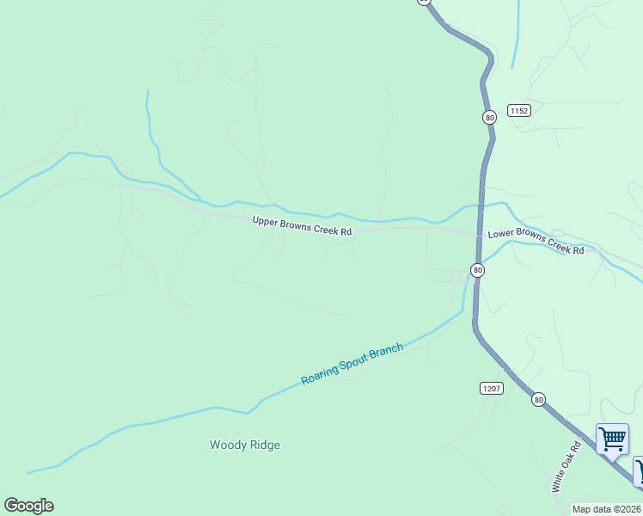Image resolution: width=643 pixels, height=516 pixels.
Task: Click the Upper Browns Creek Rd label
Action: pyautogui.click(x=302, y=227)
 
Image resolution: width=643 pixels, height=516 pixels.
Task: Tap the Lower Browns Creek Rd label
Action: pyautogui.click(x=536, y=242)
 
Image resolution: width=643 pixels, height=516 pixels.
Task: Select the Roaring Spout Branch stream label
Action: pyautogui.click(x=352, y=365)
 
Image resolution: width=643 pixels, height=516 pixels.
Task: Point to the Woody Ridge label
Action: pyautogui.click(x=245, y=445)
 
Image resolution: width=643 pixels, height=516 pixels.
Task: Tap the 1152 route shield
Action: pyautogui.click(x=518, y=110)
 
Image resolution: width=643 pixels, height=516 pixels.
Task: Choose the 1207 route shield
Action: pyautogui.click(x=491, y=389)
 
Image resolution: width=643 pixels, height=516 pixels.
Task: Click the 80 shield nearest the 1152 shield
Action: pyautogui.click(x=488, y=117)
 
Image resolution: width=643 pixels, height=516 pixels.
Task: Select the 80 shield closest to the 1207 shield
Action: pyautogui.click(x=538, y=399)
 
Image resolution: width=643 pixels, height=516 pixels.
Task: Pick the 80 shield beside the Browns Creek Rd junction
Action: pyautogui.click(x=478, y=270)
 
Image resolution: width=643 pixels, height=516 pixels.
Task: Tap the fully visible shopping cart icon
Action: pyautogui.click(x=612, y=439)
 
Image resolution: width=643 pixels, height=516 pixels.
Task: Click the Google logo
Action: pyautogui.click(x=28, y=506)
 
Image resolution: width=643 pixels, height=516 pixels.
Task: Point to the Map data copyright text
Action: pyautogui.click(x=607, y=509)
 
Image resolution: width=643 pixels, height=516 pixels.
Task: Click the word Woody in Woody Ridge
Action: pyautogui.click(x=226, y=445)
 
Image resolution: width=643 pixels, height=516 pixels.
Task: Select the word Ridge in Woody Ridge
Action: pyautogui.click(x=263, y=445)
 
